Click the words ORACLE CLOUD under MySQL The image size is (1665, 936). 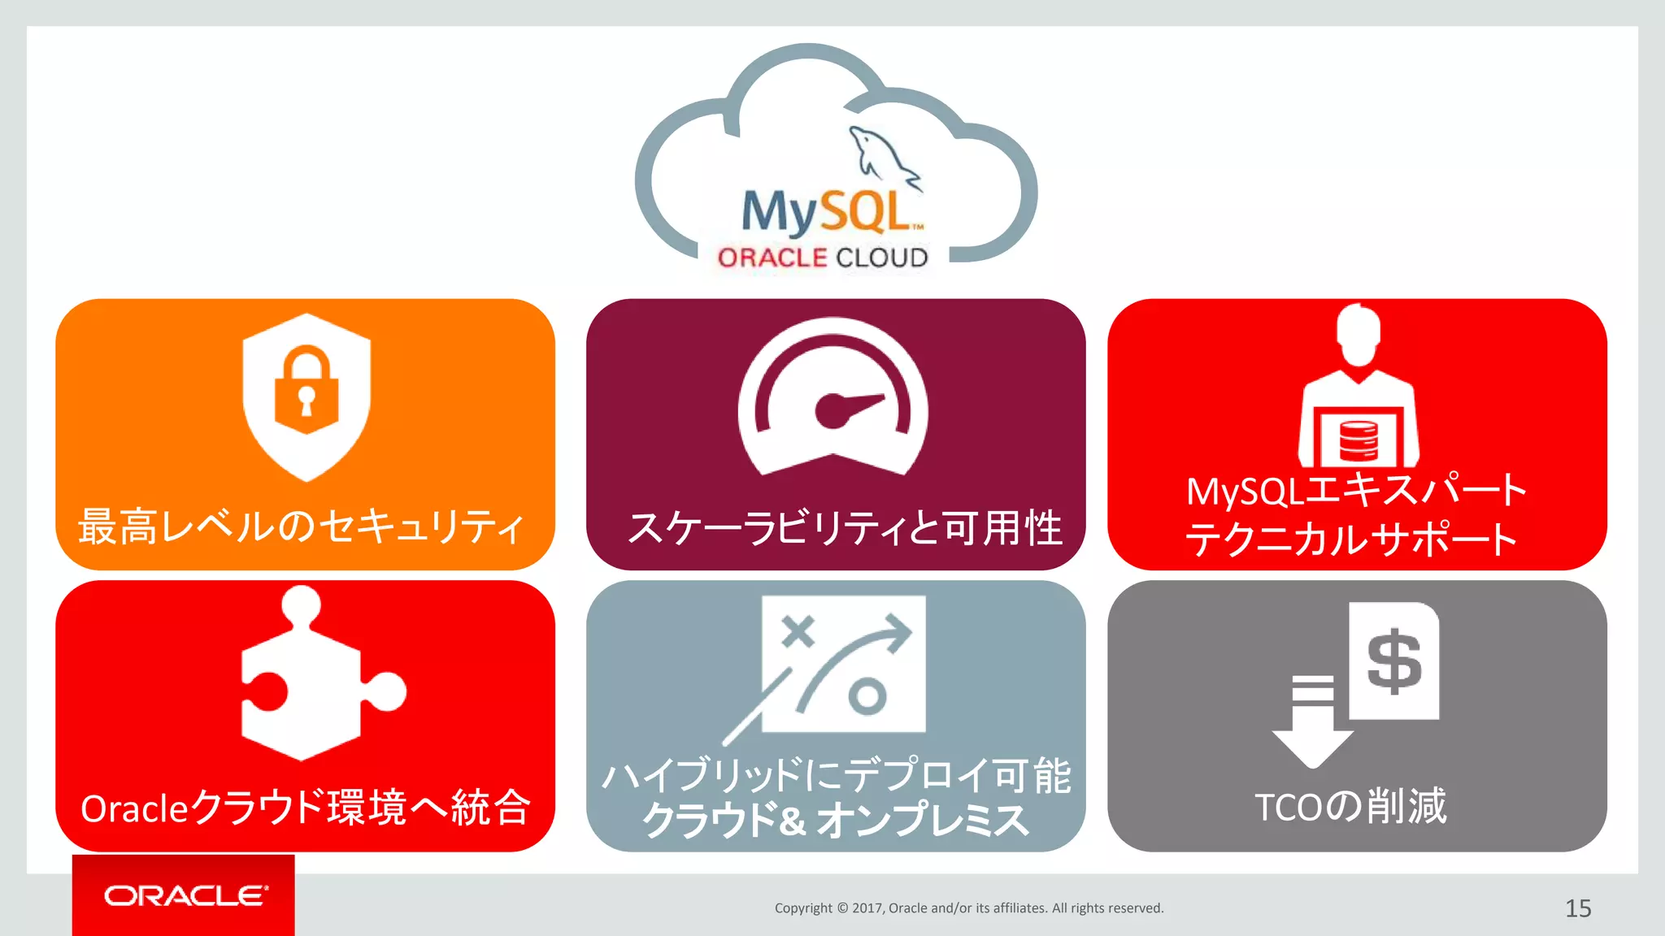click(x=823, y=258)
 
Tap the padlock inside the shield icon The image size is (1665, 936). click(x=306, y=388)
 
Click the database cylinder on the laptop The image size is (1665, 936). click(x=1359, y=440)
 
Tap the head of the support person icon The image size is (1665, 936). click(x=1359, y=335)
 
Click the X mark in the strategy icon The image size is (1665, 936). click(x=798, y=631)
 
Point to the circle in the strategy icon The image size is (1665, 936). click(x=867, y=696)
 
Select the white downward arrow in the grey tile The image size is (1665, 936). click(x=1312, y=723)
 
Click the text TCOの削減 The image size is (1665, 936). click(x=1350, y=807)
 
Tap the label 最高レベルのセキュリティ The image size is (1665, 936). click(x=301, y=526)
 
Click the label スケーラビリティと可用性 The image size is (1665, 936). click(x=845, y=528)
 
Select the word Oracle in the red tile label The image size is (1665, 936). click(x=135, y=808)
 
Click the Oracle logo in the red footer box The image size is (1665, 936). click(x=185, y=895)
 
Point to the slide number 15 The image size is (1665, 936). click(x=1578, y=908)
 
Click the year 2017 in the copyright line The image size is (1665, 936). click(x=867, y=908)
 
